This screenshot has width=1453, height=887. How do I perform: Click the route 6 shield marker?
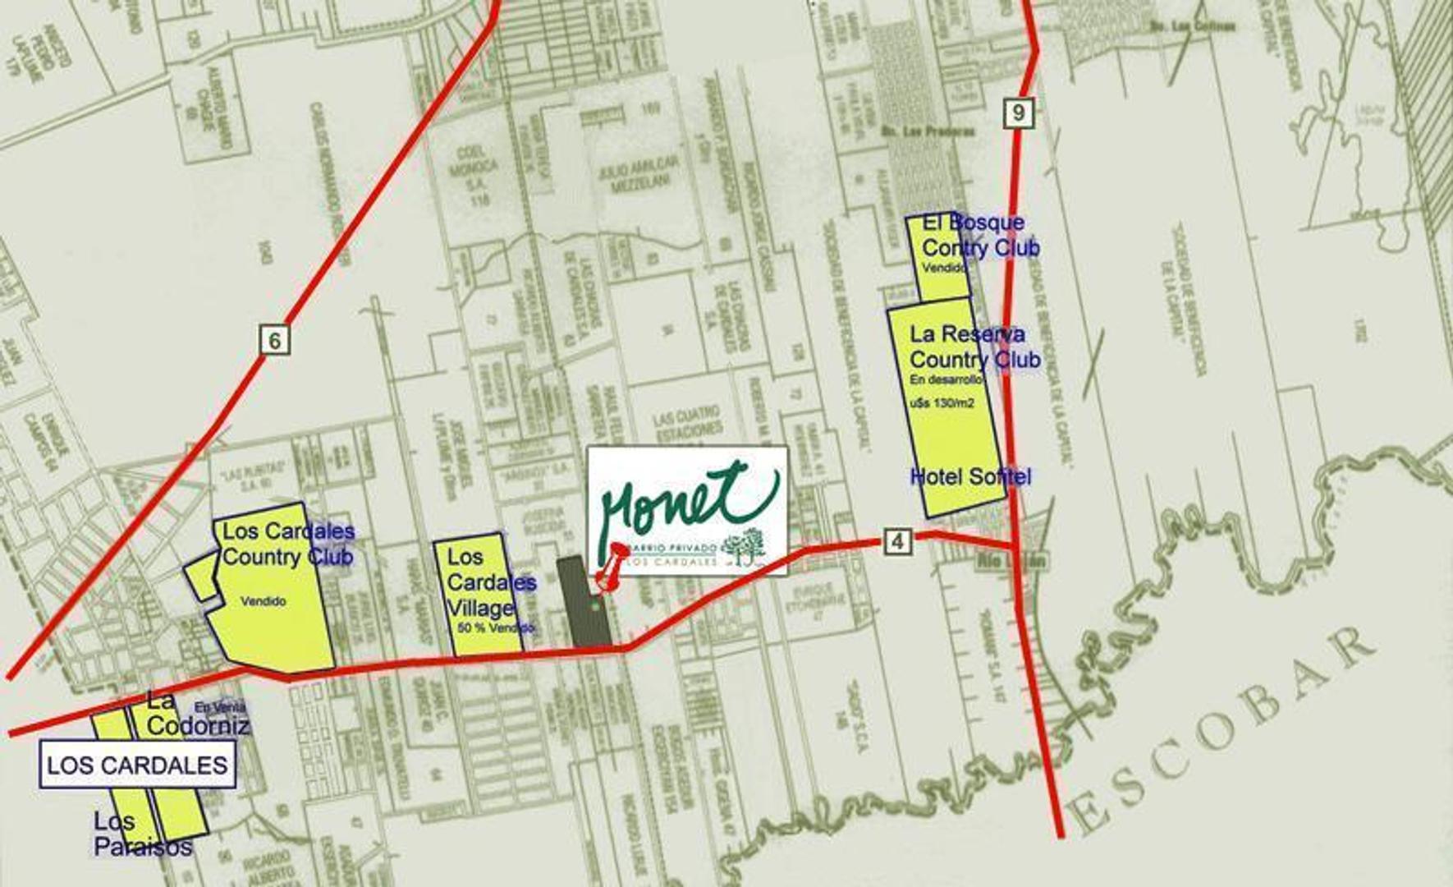(x=275, y=339)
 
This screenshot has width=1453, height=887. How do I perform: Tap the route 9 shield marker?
(x=1018, y=112)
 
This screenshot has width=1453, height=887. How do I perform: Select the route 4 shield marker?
(x=898, y=540)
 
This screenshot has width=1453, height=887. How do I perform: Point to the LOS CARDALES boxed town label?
(x=137, y=765)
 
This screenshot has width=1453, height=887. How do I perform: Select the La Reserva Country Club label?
(x=974, y=347)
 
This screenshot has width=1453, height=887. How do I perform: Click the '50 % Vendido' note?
(x=496, y=628)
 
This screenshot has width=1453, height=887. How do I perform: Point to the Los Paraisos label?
(x=143, y=833)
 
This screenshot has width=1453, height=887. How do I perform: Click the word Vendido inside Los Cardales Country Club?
(x=264, y=601)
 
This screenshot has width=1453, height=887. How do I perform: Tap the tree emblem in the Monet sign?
(x=745, y=545)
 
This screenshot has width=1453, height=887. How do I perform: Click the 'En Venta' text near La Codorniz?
(x=220, y=706)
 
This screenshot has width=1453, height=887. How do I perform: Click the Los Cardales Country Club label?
(x=287, y=544)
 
